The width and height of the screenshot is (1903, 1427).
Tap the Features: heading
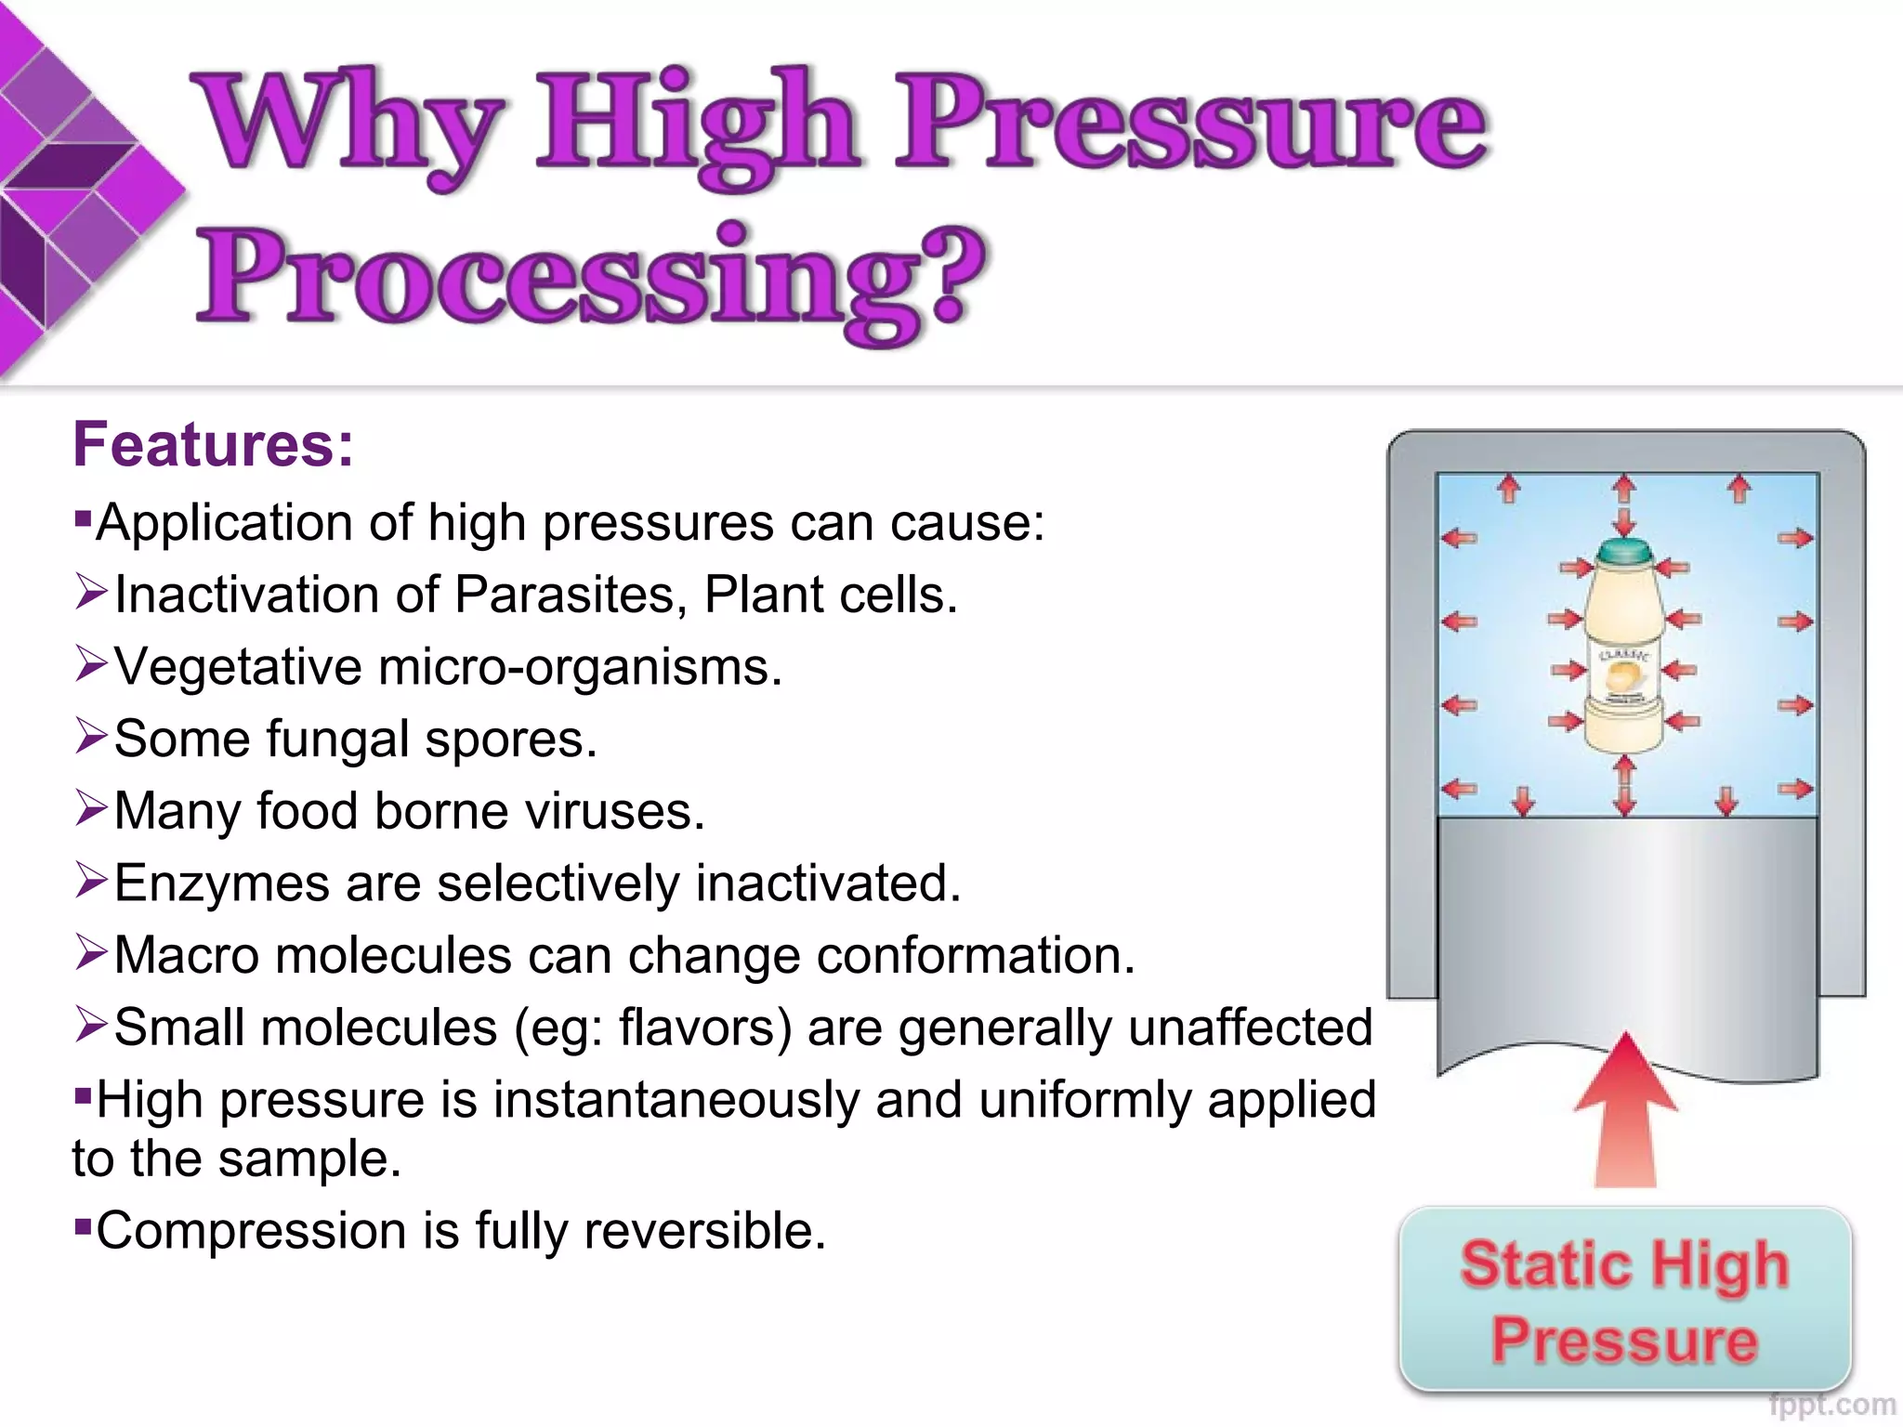[x=213, y=444]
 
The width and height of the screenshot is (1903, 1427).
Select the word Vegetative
[x=238, y=667]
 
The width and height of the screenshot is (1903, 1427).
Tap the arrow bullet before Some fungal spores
[x=91, y=736]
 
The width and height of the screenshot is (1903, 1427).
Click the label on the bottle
[x=1623, y=675]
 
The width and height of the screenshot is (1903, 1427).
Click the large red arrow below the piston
[x=1625, y=1110]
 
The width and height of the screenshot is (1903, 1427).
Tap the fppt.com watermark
[x=1831, y=1405]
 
